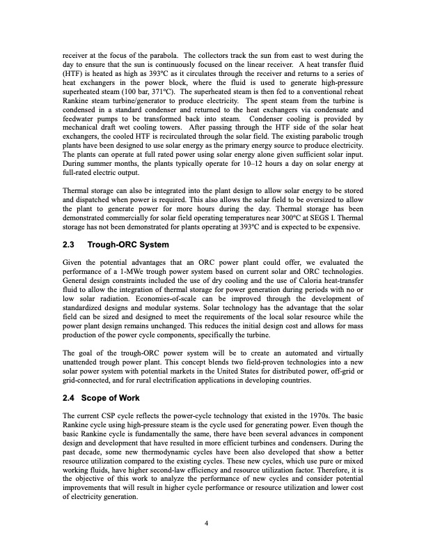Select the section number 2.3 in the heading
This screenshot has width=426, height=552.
71,245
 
